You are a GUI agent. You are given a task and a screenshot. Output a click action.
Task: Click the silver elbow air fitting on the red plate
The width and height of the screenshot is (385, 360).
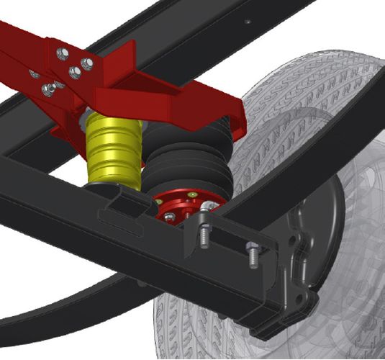coord(209,208)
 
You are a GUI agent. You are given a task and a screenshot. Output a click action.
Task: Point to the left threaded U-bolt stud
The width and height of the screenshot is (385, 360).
coord(204,235)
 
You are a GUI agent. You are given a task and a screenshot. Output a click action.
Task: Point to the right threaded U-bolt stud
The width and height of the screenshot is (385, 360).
coord(253,254)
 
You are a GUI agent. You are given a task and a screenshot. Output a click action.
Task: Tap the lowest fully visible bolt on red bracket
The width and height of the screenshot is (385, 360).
coord(48,89)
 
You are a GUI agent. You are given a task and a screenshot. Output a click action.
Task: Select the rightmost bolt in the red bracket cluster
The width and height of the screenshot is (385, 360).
coord(87,64)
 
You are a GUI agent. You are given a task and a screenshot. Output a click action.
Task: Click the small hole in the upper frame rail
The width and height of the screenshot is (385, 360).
coord(247,23)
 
